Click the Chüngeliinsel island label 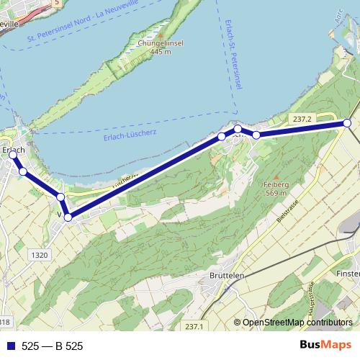(160, 43)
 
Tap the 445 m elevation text (160, 52)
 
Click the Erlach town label (14, 150)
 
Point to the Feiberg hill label (276, 184)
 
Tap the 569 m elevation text (276, 193)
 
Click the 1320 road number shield (40, 255)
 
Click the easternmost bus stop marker (347, 124)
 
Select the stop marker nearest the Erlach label (12, 156)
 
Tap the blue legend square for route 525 (9, 346)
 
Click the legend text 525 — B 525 (53, 346)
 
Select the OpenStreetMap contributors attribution (297, 323)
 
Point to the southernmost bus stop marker (68, 217)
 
